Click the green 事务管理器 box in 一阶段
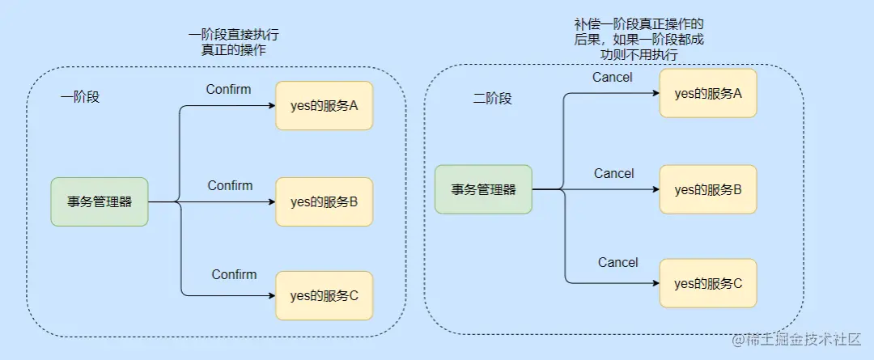[x=100, y=201]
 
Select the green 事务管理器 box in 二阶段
[x=483, y=189]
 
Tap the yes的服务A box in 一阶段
[x=324, y=105]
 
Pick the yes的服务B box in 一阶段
[x=324, y=201]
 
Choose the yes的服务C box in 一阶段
[x=324, y=295]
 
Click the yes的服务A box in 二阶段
[x=708, y=93]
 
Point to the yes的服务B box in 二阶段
[x=708, y=189]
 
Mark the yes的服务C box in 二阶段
[x=708, y=283]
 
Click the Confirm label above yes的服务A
[x=228, y=89]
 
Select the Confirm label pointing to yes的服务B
[x=230, y=185]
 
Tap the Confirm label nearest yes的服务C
[x=234, y=274]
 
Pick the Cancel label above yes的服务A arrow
[x=613, y=78]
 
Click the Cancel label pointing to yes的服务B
[x=613, y=173]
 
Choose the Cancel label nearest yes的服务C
[x=617, y=262]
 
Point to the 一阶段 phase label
[x=79, y=96]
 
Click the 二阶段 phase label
[x=492, y=98]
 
